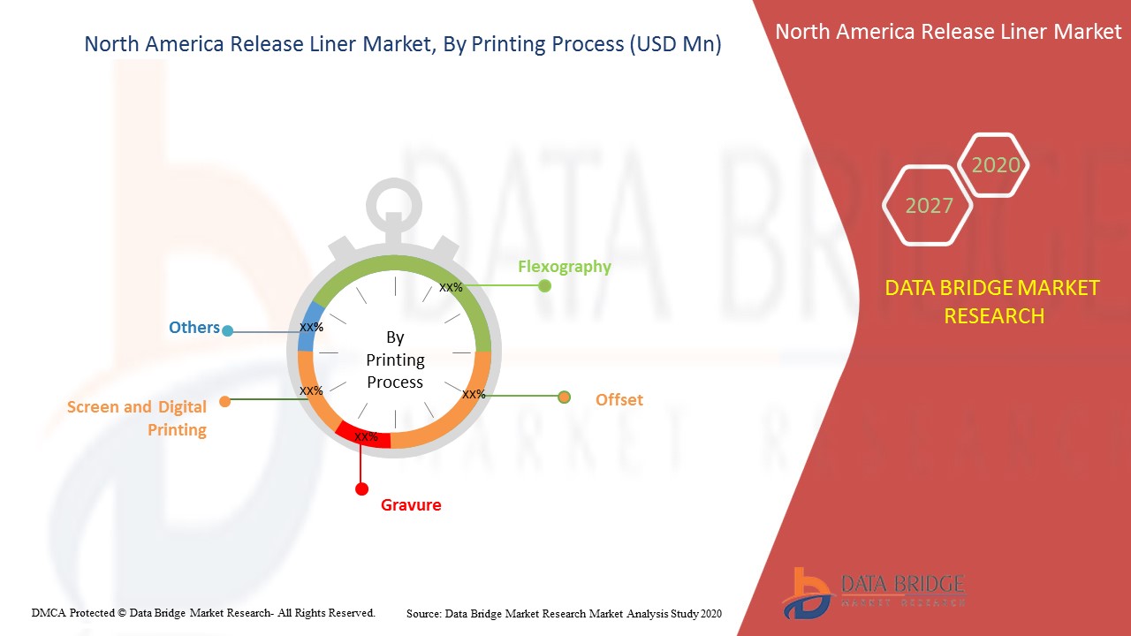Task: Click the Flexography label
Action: [565, 267]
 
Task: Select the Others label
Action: [194, 328]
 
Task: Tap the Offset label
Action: [619, 400]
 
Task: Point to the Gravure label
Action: [411, 504]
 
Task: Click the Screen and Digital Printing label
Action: [137, 419]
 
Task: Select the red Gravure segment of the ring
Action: [363, 435]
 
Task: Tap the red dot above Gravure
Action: [361, 489]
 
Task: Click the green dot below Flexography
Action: [544, 286]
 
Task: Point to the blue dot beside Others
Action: [228, 331]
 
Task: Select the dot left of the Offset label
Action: [564, 397]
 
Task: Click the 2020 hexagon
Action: [994, 165]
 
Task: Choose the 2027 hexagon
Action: [928, 206]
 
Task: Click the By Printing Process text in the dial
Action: [395, 360]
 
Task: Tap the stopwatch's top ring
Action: [394, 180]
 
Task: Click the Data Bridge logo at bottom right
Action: [874, 593]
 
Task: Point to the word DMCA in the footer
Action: [48, 613]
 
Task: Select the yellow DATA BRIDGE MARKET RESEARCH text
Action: [992, 302]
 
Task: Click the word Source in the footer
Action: [423, 614]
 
